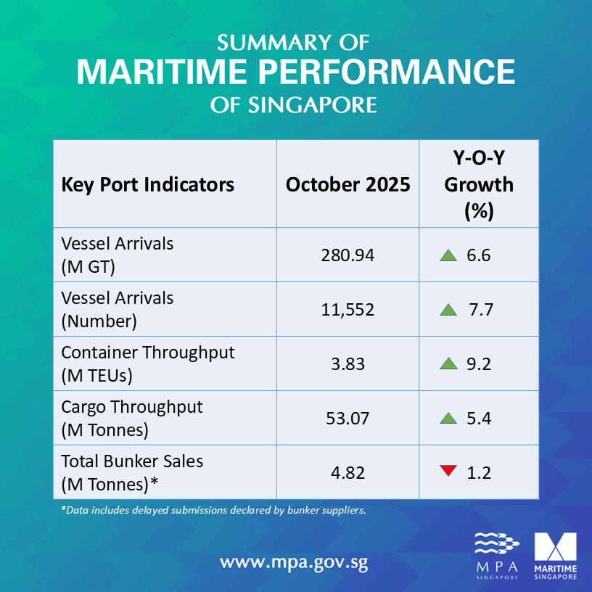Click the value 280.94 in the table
348,255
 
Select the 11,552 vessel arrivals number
348,310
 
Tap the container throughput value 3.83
348,364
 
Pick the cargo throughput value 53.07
348,419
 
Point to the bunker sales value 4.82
348,473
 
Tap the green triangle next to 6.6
448,255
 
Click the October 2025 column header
348,184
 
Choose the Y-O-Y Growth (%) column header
479,184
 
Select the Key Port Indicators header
148,184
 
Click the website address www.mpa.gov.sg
298,562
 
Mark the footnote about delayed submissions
213,510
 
